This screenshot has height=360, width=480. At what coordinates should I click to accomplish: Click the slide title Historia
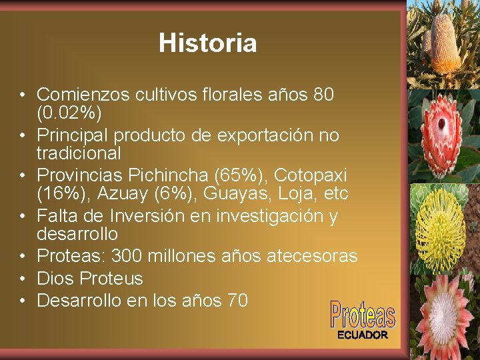click(207, 43)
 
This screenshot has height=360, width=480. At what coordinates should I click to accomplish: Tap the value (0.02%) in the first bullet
click(69, 113)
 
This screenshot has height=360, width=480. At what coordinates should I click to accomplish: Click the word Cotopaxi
click(310, 175)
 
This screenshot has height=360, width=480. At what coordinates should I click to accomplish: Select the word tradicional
click(79, 153)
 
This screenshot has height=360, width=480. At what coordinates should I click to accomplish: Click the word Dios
click(55, 278)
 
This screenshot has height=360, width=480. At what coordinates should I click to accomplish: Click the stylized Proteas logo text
click(362, 314)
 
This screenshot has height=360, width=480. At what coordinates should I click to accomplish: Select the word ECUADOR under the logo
click(362, 335)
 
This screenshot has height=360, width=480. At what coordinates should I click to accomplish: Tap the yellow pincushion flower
click(441, 227)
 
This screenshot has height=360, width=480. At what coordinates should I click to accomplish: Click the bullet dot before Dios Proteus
click(23, 279)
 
